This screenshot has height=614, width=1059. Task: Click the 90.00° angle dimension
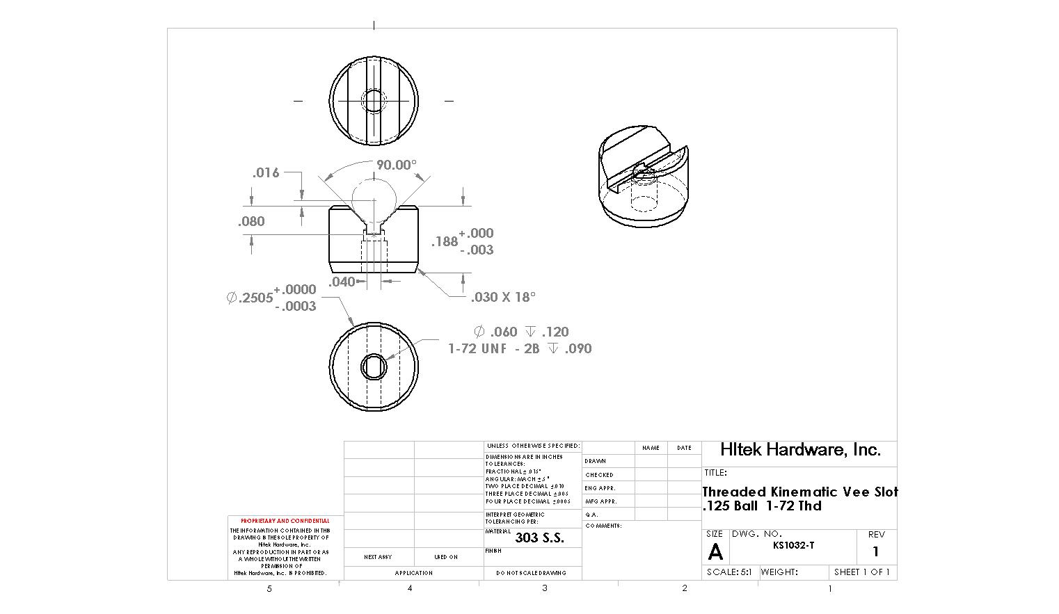pos(396,165)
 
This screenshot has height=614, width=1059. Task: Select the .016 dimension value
pos(265,172)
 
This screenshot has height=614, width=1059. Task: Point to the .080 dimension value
pos(251,221)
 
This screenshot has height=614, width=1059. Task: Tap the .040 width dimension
pos(342,282)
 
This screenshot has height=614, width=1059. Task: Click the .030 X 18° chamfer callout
pos(502,297)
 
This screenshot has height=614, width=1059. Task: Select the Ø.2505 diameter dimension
pos(250,298)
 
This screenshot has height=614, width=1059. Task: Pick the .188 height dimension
pos(445,241)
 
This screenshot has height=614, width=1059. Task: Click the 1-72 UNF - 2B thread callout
pos(493,348)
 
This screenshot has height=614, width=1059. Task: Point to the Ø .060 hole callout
pos(495,332)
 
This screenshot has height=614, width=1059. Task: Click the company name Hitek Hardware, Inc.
pos(800,450)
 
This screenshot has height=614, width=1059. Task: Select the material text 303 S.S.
pos(539,538)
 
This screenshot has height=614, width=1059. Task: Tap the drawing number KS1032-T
pos(793,546)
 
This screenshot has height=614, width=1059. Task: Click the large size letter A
pos(715,552)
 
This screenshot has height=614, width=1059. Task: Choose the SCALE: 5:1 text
pos(729,572)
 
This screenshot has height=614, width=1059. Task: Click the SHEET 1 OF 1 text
pos(861,572)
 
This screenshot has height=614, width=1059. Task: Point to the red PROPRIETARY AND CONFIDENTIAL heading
pos(285,521)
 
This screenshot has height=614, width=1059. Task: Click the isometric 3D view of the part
pos(643,177)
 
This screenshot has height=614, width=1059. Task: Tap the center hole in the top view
pos(374,101)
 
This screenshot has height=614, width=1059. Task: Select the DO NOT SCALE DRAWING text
pos(531,573)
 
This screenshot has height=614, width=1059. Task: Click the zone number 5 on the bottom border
pos(269,589)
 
